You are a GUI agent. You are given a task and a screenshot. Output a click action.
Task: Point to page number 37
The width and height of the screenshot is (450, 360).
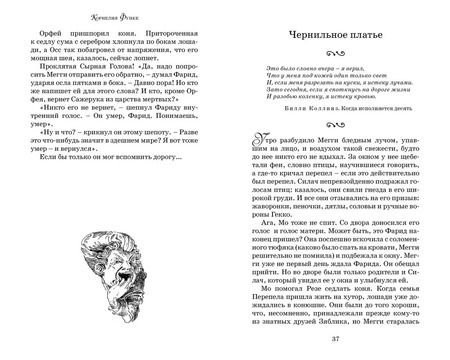[x=337, y=348]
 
